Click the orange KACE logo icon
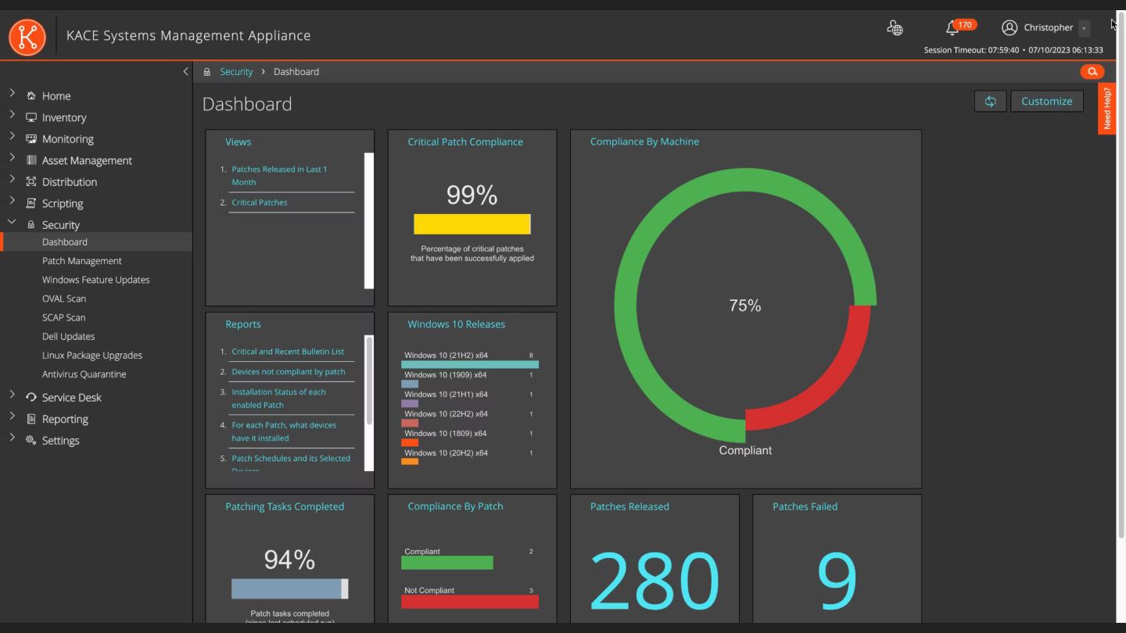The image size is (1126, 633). (27, 37)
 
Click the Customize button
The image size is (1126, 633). (1046, 101)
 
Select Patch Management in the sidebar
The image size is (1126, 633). (82, 261)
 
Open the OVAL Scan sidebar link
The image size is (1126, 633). (64, 299)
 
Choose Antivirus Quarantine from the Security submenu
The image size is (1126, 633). (84, 374)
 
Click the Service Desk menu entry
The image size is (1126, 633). (71, 397)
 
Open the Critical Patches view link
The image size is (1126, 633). (260, 202)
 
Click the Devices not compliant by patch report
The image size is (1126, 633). (289, 371)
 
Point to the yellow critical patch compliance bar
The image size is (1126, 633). (472, 224)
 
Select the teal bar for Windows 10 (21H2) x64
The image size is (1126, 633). (470, 364)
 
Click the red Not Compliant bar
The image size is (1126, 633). (470, 602)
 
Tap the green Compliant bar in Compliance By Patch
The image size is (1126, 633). (447, 562)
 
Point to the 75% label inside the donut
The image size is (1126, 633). (745, 305)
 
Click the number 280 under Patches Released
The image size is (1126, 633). (654, 580)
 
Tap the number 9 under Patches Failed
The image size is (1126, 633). (837, 580)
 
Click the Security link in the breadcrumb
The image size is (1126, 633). (236, 71)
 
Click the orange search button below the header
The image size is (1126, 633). (1092, 71)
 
